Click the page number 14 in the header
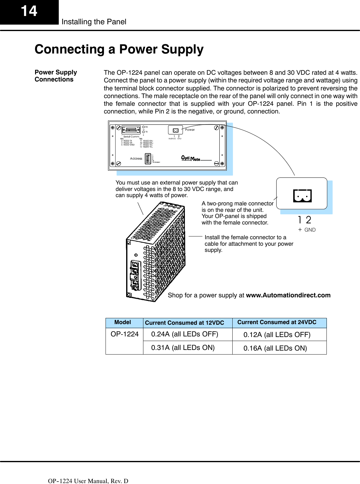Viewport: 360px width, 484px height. pyautogui.click(x=29, y=11)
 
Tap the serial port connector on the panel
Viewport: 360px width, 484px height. pyautogui.click(x=131, y=130)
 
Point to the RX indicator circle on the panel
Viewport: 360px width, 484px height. pyautogui.click(x=143, y=127)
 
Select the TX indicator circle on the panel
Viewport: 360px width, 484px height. pyautogui.click(x=143, y=132)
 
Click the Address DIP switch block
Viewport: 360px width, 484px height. pyautogui.click(x=148, y=159)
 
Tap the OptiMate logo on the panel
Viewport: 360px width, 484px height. pyautogui.click(x=191, y=158)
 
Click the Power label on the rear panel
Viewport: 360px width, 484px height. pyautogui.click(x=190, y=130)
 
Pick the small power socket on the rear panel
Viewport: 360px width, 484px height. pyautogui.click(x=175, y=130)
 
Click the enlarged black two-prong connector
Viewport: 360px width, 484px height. pyautogui.click(x=302, y=196)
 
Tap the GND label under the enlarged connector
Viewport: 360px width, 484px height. pyautogui.click(x=310, y=230)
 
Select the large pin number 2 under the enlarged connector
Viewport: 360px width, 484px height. pyautogui.click(x=308, y=220)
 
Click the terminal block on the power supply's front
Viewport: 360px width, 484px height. pyautogui.click(x=135, y=275)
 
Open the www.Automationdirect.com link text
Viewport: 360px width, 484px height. pyautogui.click(x=288, y=295)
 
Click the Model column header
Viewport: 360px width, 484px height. pyautogui.click(x=122, y=322)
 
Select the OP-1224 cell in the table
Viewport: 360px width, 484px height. pyautogui.click(x=125, y=334)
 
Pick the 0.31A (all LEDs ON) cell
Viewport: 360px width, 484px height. pyautogui.click(x=183, y=348)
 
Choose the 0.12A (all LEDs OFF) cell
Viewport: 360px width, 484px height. pyautogui.click(x=277, y=335)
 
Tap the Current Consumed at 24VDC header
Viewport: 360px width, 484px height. pyautogui.click(x=277, y=322)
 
